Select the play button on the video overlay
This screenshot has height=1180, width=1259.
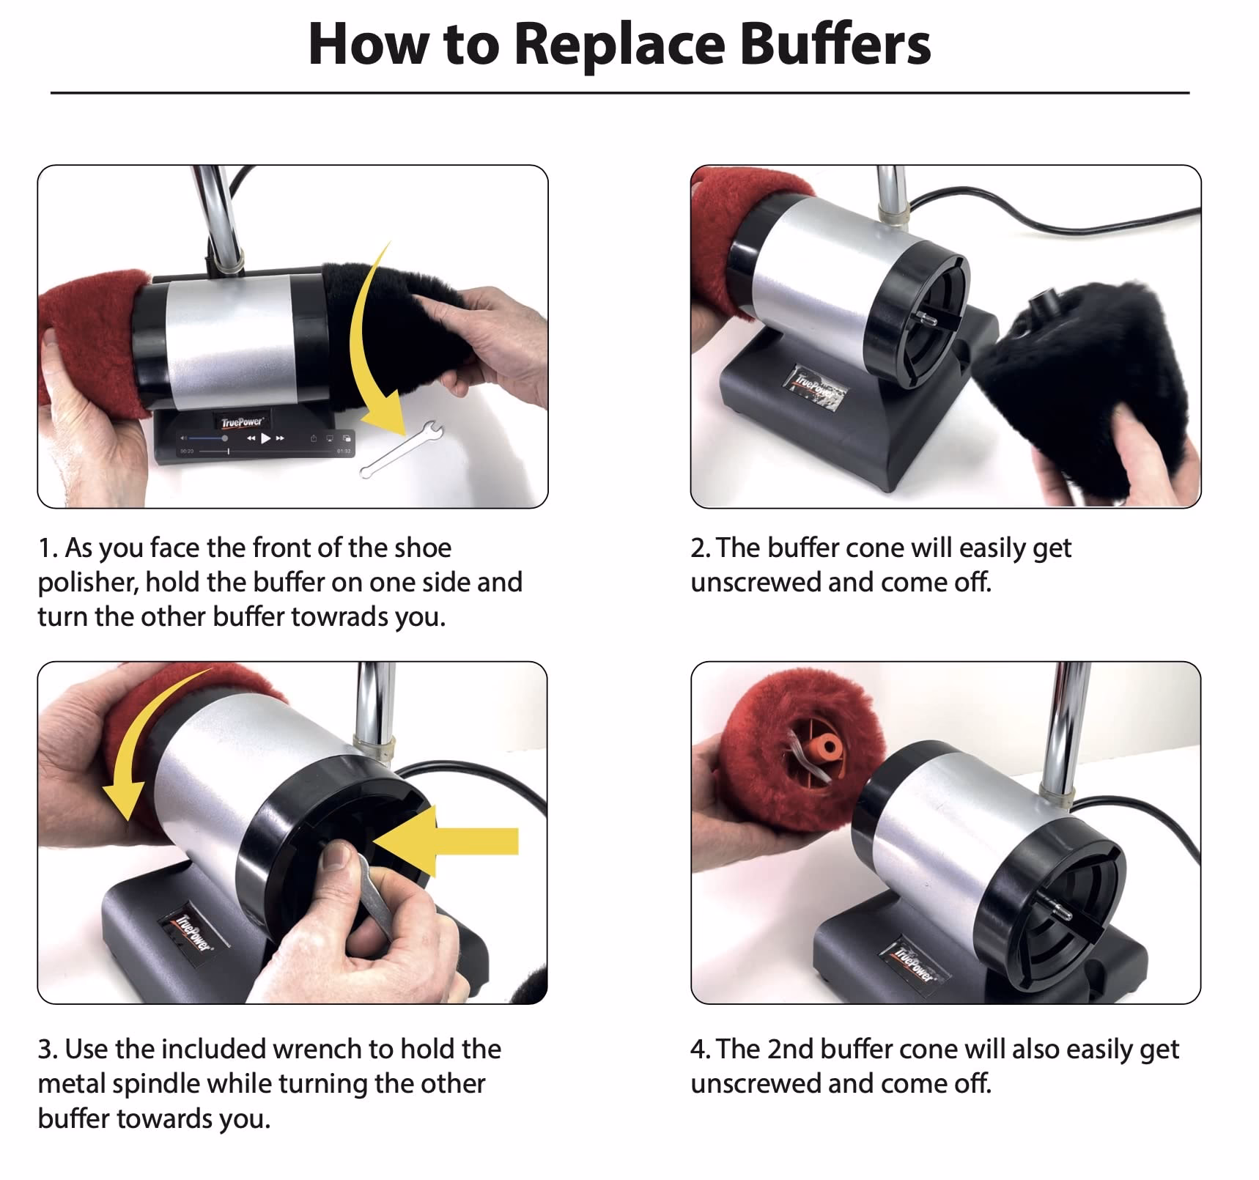click(x=266, y=438)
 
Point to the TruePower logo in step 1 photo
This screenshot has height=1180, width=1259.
click(x=243, y=421)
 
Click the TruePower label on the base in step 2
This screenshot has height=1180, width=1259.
click(x=816, y=387)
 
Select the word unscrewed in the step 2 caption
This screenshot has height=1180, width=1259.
click(x=755, y=583)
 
